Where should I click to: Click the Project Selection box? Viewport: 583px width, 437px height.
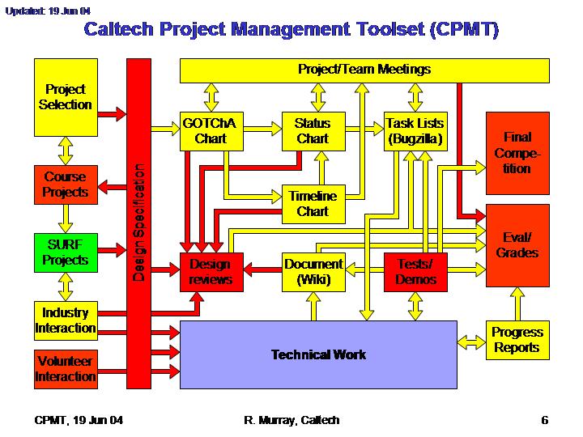pos(66,97)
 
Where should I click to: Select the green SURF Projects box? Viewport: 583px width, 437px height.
pos(66,252)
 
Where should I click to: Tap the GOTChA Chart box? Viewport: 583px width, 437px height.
pos(211,131)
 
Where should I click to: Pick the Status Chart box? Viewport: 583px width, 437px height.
pos(313,131)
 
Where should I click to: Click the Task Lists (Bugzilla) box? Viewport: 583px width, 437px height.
pos(415,131)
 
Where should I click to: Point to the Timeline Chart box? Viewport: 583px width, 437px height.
pos(313,204)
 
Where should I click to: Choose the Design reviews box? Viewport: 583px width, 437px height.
pos(211,272)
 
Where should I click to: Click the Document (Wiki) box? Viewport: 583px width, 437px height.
pos(313,272)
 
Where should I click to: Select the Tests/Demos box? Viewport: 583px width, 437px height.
pos(415,272)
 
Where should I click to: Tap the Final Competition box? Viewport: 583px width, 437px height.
pos(517,153)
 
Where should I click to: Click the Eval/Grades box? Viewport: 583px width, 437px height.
pos(517,245)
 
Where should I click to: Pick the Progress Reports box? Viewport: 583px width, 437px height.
pos(517,340)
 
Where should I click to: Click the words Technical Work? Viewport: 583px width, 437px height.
pos(318,354)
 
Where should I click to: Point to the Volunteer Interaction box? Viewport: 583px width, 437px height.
pos(66,369)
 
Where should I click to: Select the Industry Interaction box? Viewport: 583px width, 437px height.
pos(66,320)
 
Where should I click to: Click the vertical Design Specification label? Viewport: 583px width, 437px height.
pos(138,222)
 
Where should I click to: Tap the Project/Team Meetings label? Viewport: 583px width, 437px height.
pos(364,69)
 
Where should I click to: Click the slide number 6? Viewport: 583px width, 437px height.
pos(545,420)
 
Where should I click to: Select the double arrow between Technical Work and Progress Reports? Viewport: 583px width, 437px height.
pos(471,342)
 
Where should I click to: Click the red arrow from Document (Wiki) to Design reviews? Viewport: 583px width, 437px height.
pos(262,269)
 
